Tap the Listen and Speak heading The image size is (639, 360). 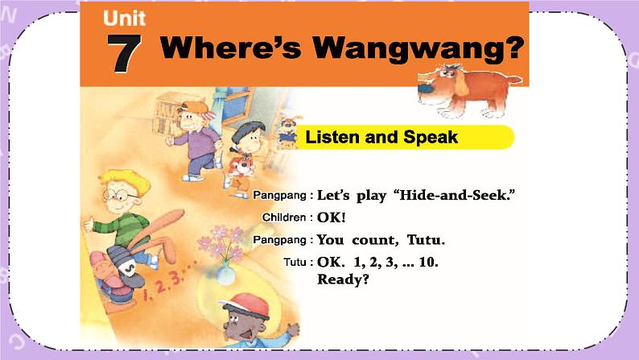381,138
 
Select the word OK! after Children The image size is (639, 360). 332,217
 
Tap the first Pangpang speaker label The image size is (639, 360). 282,196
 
